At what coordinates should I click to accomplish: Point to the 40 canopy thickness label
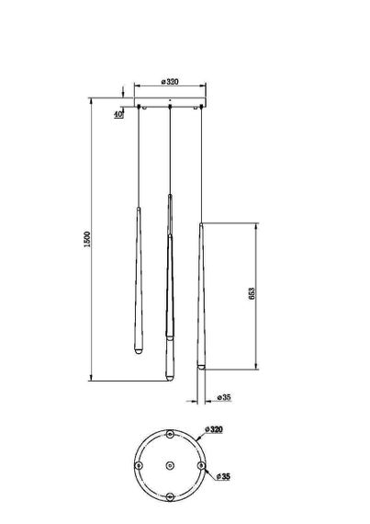[x=119, y=114]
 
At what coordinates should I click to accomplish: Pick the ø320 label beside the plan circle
[x=215, y=429]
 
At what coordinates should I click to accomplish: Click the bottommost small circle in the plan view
[x=170, y=496]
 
